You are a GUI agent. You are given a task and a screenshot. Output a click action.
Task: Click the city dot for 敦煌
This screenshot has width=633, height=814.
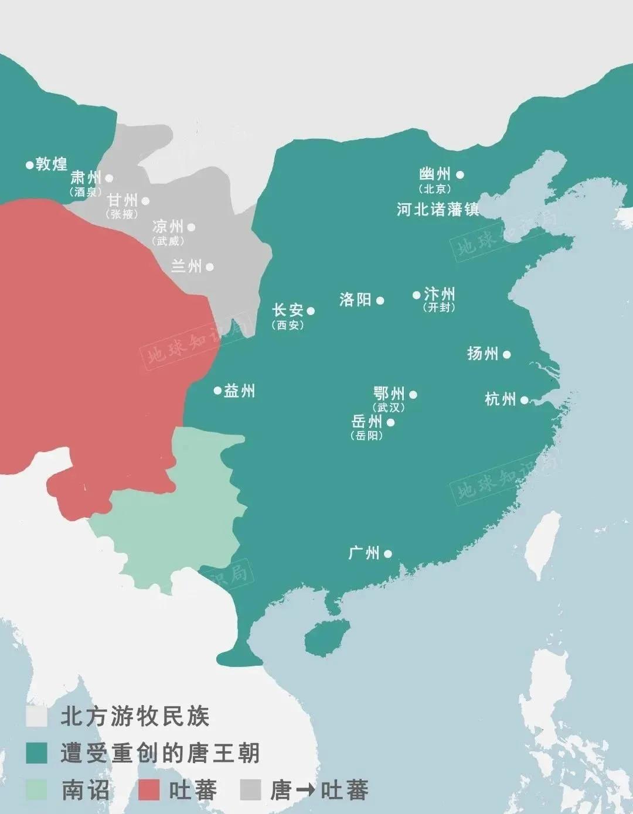point(29,165)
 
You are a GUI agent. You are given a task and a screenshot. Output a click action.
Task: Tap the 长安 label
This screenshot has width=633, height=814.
point(288,310)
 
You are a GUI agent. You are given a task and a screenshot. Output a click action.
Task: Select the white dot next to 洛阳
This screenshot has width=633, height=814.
point(380,301)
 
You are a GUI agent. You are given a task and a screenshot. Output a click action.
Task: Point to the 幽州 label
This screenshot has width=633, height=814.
point(435,174)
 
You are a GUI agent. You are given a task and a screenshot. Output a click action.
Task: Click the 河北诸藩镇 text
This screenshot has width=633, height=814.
point(437,210)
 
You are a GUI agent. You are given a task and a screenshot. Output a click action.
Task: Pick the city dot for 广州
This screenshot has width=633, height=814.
point(387,553)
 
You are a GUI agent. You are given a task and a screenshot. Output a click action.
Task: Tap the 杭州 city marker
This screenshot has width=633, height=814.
point(524,400)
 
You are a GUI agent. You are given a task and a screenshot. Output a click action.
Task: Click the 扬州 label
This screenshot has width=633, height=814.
point(482,353)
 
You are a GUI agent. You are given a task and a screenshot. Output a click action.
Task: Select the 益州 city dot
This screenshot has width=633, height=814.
point(217,391)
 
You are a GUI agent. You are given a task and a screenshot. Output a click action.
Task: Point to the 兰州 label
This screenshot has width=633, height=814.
point(186,266)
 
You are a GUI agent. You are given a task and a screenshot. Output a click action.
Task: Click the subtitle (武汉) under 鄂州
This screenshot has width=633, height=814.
point(389,408)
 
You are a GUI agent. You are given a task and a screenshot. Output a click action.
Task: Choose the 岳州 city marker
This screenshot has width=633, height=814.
point(390,422)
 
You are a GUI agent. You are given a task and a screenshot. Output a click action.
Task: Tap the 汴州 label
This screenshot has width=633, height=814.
point(439,293)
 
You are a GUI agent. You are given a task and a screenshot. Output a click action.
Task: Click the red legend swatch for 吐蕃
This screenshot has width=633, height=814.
point(149,790)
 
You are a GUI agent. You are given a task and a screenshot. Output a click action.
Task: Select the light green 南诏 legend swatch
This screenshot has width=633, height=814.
point(36,790)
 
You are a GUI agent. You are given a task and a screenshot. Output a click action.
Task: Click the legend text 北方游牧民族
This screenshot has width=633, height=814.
point(135,717)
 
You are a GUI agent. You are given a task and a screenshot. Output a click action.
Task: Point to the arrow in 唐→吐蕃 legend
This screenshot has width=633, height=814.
point(305,791)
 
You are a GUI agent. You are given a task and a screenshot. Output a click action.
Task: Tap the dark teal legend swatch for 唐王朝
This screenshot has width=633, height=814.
point(36,754)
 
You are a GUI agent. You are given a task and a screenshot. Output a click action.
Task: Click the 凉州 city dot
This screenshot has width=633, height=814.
point(191,227)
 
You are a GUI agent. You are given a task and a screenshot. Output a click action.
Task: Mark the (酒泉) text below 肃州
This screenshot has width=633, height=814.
point(86,191)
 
